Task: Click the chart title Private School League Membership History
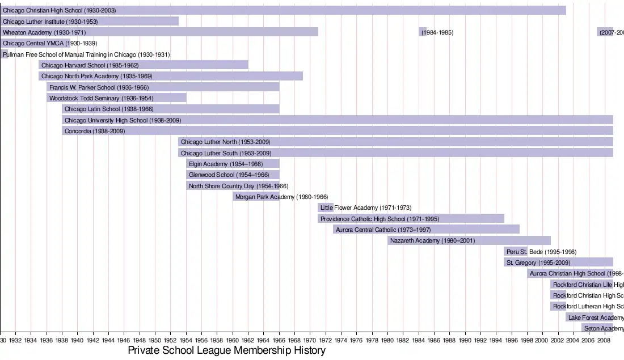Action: (226, 350)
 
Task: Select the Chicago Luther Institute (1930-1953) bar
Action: (90, 22)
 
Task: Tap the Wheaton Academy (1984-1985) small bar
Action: (423, 32)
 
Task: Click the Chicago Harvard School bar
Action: (144, 65)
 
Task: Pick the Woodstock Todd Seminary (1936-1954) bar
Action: (117, 98)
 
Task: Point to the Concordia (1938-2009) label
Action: (94, 131)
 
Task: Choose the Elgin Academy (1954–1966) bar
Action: (233, 164)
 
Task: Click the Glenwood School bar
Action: (233, 175)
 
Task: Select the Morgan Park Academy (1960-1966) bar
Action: (256, 197)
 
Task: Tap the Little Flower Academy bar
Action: (326, 207)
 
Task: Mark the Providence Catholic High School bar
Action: (411, 219)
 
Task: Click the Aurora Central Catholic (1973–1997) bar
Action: (426, 230)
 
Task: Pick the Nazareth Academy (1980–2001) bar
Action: (469, 240)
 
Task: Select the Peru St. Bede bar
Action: (516, 252)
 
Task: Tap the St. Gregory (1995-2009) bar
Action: (558, 262)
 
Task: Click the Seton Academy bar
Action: (597, 328)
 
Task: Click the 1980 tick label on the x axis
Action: (387, 340)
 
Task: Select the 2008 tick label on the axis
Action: (604, 340)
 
